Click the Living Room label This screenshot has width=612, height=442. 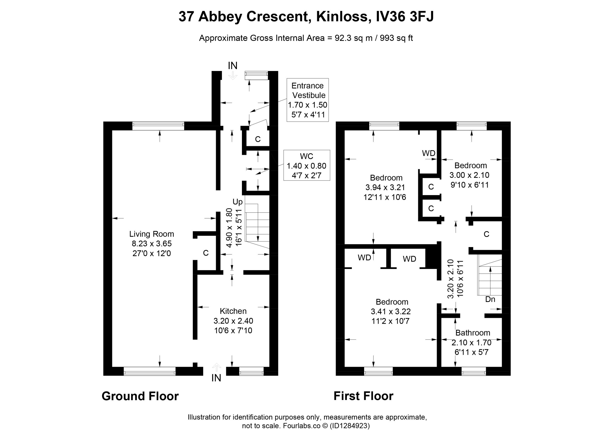click(x=151, y=234)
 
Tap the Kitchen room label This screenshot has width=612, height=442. click(x=233, y=311)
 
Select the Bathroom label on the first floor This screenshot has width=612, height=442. click(x=473, y=333)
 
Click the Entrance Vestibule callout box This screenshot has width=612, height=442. click(x=308, y=100)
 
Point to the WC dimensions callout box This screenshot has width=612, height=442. click(x=306, y=165)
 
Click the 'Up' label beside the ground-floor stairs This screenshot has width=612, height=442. click(x=237, y=202)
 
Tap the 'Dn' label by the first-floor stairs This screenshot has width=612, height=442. click(x=490, y=299)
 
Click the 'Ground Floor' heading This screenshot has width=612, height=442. click(x=140, y=396)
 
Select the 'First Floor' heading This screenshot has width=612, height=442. click(x=363, y=396)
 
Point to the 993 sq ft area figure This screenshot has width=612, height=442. click(x=396, y=38)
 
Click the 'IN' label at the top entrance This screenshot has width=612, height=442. click(x=233, y=65)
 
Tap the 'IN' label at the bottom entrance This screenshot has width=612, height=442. click(x=216, y=378)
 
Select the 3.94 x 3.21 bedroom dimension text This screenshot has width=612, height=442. click(x=385, y=187)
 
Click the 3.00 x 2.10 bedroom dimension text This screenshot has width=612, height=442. click(x=469, y=175)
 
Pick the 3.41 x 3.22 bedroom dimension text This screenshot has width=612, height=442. click(x=391, y=311)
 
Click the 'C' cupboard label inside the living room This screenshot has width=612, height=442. click(x=206, y=253)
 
